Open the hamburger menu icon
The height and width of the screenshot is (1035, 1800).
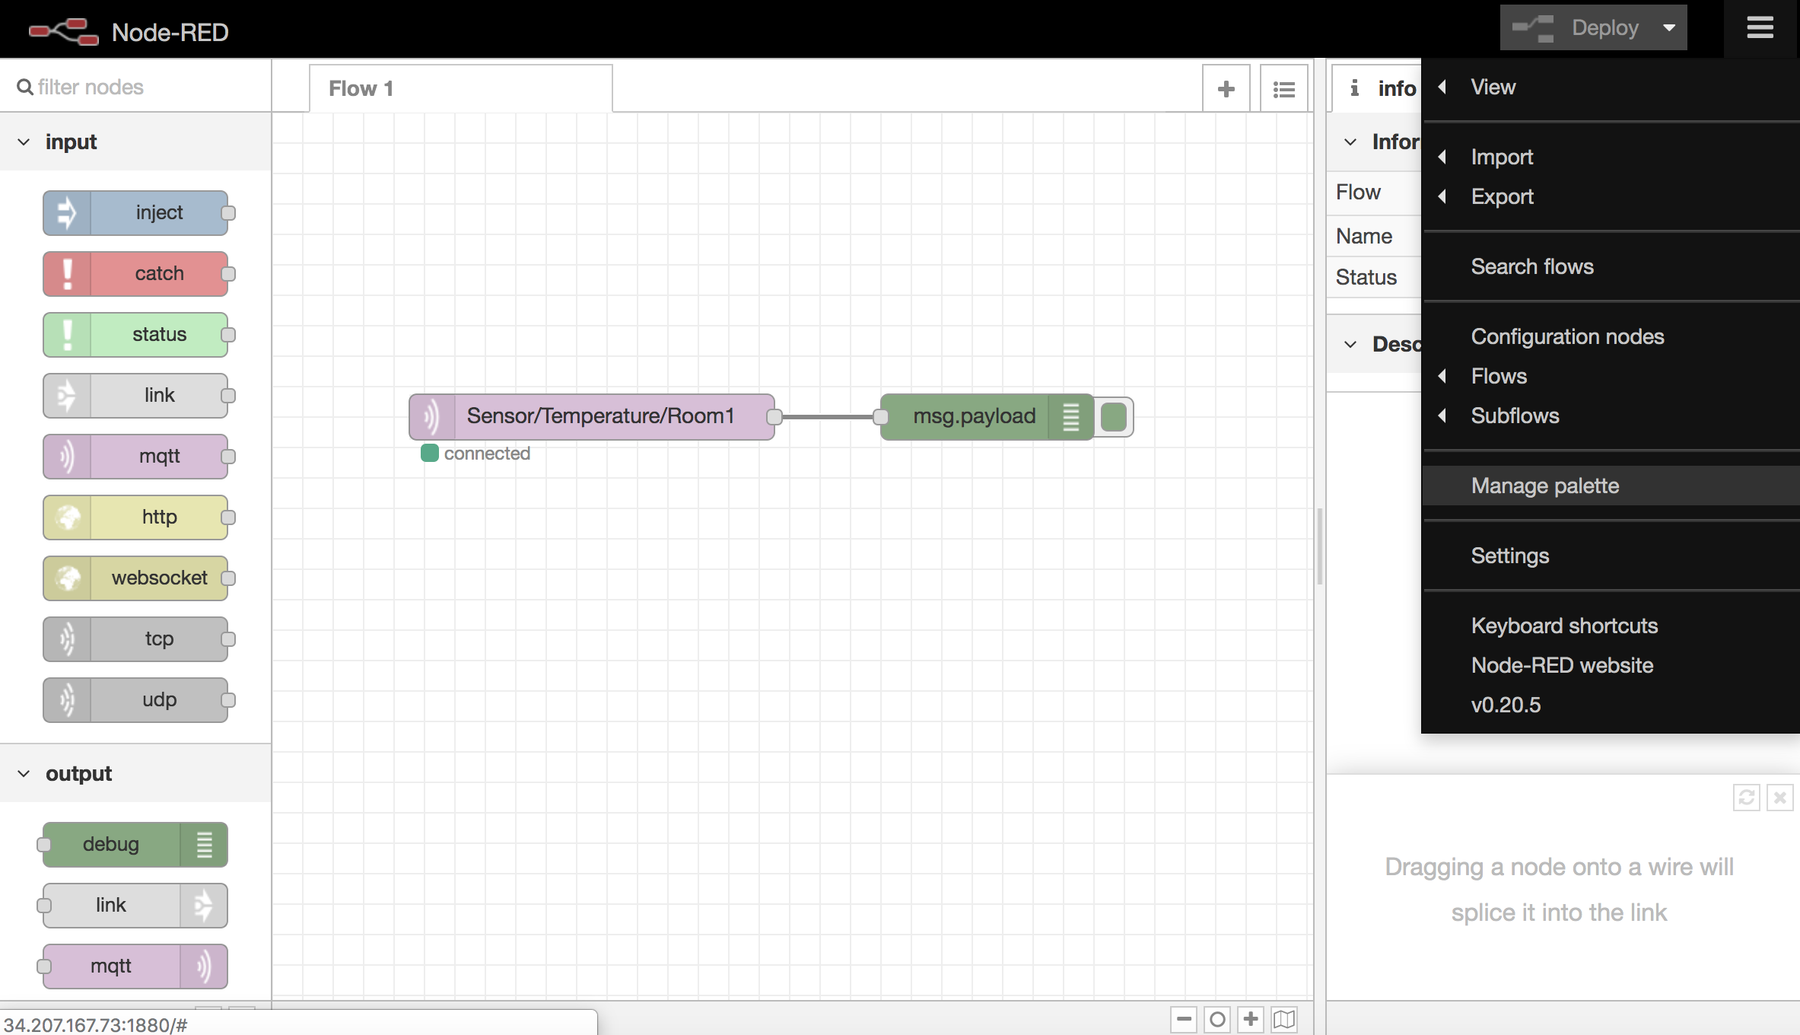pyautogui.click(x=1760, y=28)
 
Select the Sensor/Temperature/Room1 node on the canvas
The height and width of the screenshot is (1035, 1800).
pyautogui.click(x=592, y=416)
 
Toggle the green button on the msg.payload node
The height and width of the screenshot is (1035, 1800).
pyautogui.click(x=1114, y=417)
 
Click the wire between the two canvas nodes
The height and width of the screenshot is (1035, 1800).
pyautogui.click(x=828, y=417)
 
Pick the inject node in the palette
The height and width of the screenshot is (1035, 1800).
pyautogui.click(x=135, y=212)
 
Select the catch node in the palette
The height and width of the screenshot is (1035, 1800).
pyautogui.click(x=135, y=273)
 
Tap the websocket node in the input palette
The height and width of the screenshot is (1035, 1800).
pyautogui.click(x=135, y=578)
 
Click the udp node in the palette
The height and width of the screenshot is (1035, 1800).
pyautogui.click(x=135, y=699)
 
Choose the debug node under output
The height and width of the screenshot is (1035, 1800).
pyautogui.click(x=135, y=844)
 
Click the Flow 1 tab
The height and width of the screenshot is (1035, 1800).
pyautogui.click(x=461, y=88)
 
